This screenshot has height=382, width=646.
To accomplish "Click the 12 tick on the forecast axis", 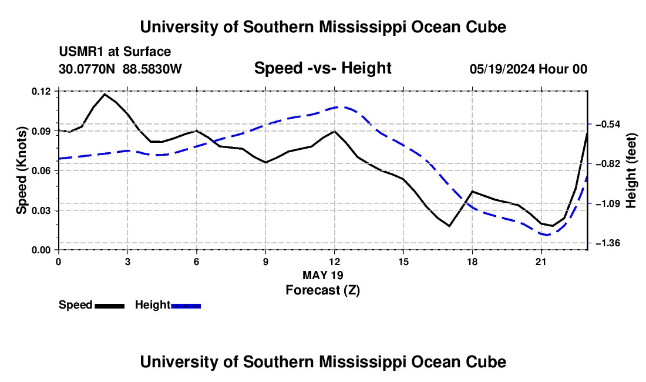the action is (335, 262).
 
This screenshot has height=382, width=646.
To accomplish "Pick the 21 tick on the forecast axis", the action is (541, 262).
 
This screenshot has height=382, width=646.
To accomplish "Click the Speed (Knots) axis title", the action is (21, 170).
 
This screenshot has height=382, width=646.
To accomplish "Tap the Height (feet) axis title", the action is (631, 170).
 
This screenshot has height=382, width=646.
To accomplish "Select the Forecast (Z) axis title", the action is (323, 290).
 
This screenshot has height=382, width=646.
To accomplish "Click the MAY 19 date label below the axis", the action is (323, 275).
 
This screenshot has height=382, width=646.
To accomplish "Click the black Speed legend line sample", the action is (110, 306).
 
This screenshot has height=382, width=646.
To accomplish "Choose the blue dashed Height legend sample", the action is (186, 306).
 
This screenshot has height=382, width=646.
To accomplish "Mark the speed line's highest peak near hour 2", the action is (105, 94).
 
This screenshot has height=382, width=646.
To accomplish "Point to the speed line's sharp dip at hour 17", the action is (449, 226).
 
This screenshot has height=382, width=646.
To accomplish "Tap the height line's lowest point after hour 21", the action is (546, 235).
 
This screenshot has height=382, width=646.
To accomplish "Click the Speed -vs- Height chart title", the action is (323, 68).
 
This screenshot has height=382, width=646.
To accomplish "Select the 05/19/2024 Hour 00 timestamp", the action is (529, 69).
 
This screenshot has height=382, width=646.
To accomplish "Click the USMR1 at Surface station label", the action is (115, 52).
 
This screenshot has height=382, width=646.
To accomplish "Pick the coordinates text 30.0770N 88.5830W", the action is (120, 69).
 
